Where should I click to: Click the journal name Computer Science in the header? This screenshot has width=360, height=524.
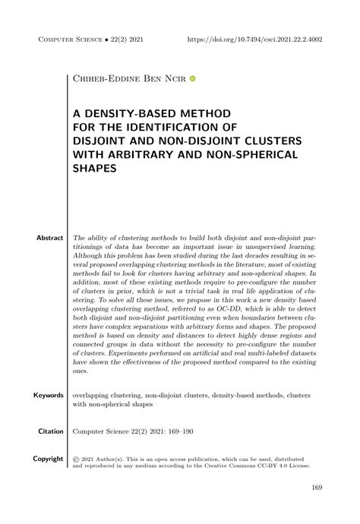click(x=73, y=38)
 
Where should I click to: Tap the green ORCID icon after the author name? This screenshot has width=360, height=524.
click(x=193, y=78)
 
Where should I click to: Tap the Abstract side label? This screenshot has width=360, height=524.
click(x=50, y=238)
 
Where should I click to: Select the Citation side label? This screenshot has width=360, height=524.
click(x=50, y=431)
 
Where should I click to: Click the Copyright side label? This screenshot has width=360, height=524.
click(x=48, y=459)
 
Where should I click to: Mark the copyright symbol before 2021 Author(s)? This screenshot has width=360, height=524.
click(x=76, y=459)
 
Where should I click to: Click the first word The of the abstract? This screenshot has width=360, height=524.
click(x=79, y=238)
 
